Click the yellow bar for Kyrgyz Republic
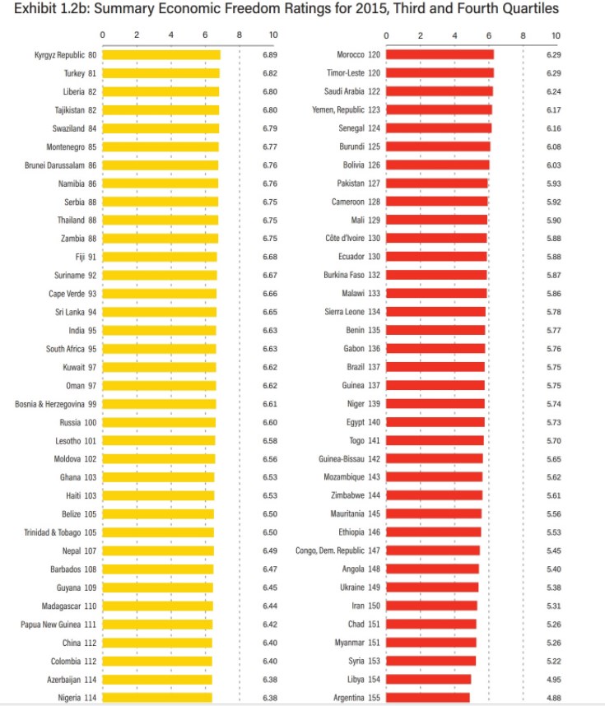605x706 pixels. tap(161, 54)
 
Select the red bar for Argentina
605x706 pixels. tap(428, 698)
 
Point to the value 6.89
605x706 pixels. tap(270, 54)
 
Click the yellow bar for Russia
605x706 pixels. tap(159, 422)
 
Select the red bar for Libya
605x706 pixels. tap(429, 680)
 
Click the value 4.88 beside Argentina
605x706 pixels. tap(554, 698)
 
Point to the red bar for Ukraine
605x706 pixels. tap(432, 588)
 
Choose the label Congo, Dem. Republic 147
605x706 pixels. tap(337, 550)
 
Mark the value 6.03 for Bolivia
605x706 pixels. tap(554, 165)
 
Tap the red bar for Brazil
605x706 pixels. tap(435, 367)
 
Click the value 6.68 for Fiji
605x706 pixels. tap(270, 257)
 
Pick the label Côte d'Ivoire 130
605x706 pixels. tap(351, 239)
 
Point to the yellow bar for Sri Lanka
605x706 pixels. tap(160, 312)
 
